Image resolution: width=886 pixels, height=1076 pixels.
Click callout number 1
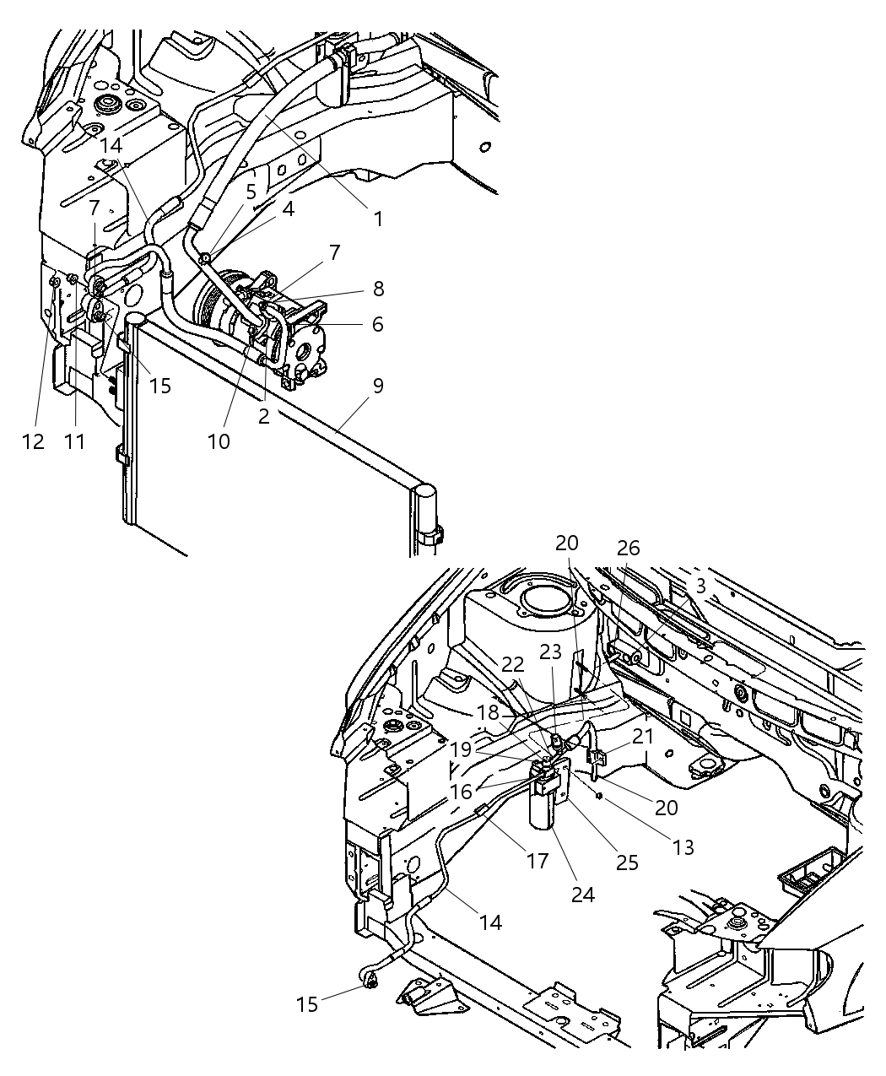[378, 219]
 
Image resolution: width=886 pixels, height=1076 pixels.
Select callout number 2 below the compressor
[263, 416]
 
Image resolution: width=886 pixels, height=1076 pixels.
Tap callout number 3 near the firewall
[700, 587]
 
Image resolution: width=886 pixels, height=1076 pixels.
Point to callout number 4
[289, 208]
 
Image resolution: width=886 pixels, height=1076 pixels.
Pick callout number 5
[251, 192]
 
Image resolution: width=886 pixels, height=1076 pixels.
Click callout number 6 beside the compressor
[377, 324]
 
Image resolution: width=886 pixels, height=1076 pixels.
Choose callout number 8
[378, 289]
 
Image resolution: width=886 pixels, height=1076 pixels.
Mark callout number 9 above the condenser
[378, 386]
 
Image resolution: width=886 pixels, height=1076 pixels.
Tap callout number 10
[219, 441]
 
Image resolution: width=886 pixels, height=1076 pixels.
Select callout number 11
[75, 441]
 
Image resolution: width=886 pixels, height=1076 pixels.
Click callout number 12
[33, 441]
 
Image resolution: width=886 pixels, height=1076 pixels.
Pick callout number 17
[538, 861]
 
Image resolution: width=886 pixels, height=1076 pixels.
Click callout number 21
[643, 737]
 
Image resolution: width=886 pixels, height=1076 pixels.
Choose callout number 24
[583, 894]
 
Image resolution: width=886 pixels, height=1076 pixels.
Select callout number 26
[628, 549]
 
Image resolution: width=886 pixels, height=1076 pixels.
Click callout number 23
[550, 652]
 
